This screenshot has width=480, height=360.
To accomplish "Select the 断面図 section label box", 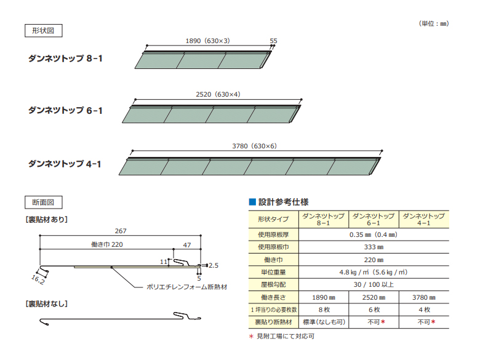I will [x=43, y=202].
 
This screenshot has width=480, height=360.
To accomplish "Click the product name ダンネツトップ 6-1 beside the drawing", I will [x=65, y=111].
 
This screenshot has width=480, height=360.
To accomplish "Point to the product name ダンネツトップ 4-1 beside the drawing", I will [x=65, y=164].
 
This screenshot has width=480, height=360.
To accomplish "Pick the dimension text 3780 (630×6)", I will [x=255, y=146].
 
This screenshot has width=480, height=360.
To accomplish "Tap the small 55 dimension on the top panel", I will [x=273, y=41].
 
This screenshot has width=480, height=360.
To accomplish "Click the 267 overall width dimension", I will [x=121, y=231].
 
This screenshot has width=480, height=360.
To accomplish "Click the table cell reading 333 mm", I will [x=374, y=246].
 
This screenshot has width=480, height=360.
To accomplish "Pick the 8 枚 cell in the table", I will [x=323, y=309].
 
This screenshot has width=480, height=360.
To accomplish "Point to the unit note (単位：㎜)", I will [x=434, y=23].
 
